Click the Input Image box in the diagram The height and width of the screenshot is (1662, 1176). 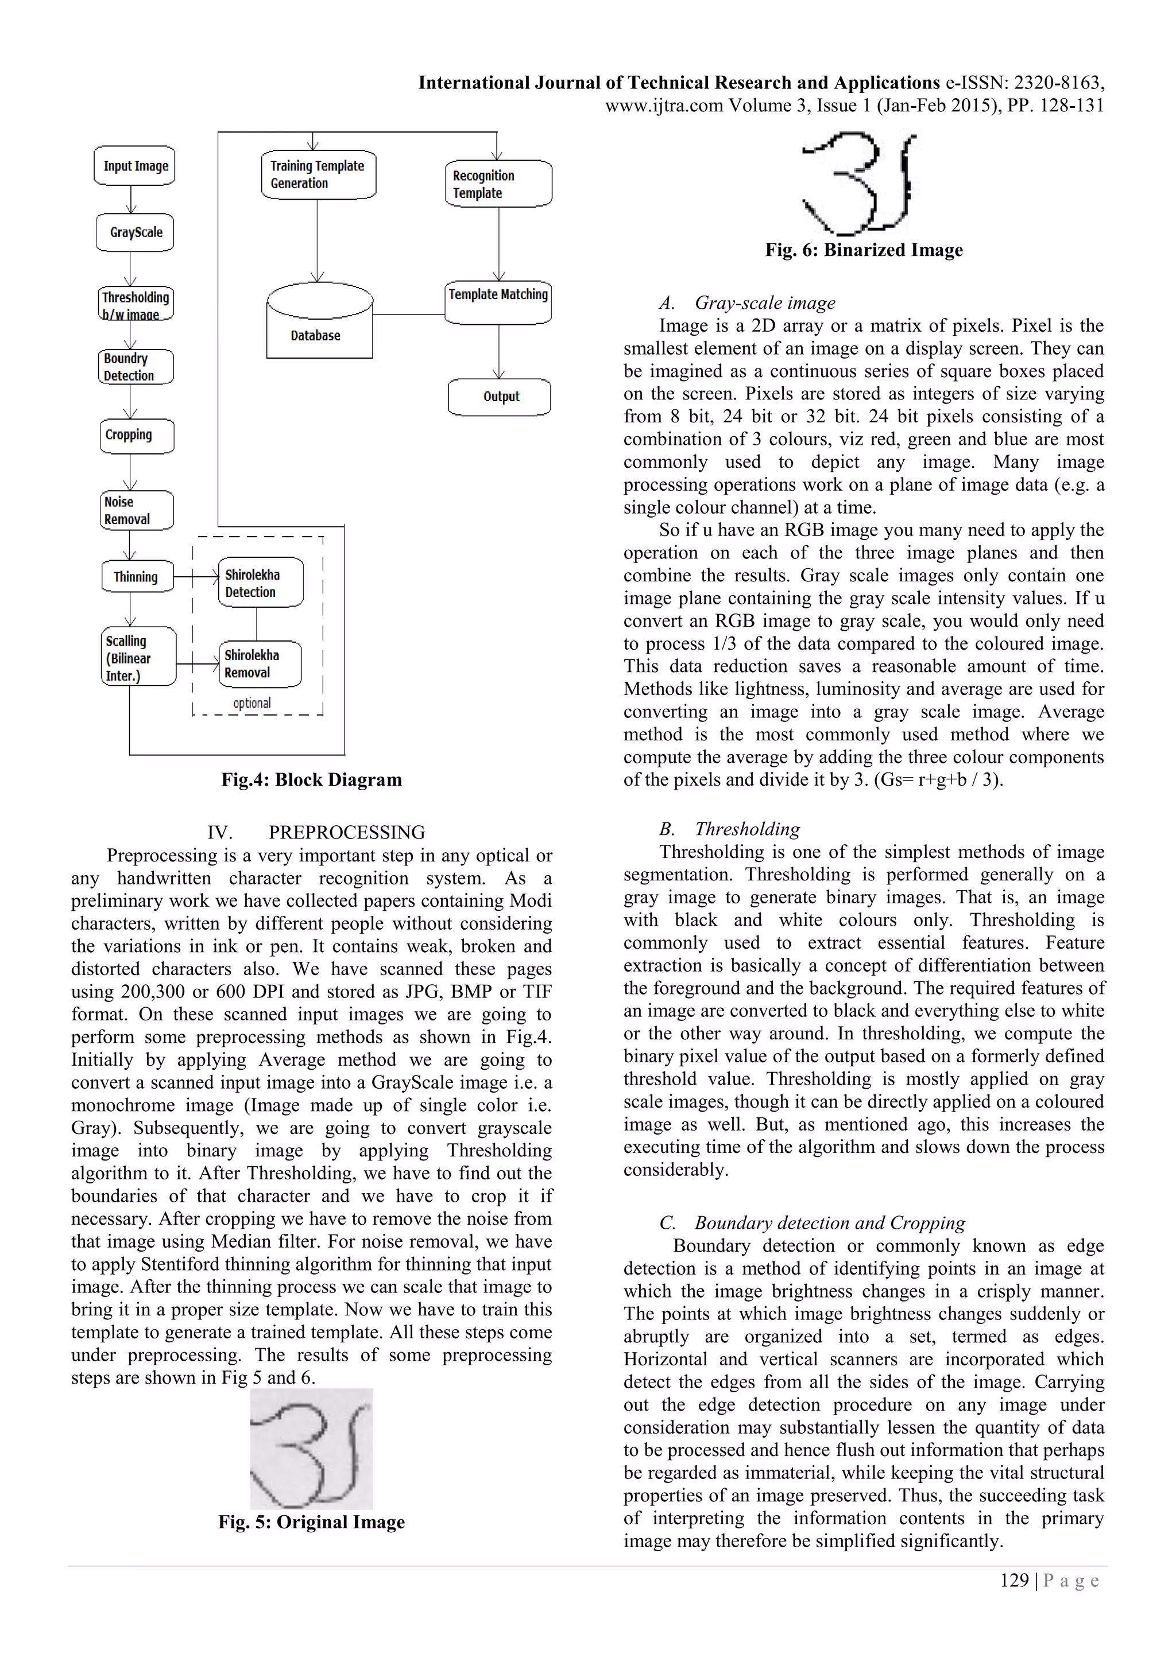coord(135,166)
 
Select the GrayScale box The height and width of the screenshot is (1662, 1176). coord(135,232)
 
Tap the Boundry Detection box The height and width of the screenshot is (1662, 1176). coord(136,367)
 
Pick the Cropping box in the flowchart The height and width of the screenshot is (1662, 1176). coord(137,436)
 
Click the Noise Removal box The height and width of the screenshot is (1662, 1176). coord(136,510)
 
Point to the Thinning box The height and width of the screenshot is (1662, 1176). coord(137,577)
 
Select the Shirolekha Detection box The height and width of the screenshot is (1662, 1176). coord(261,583)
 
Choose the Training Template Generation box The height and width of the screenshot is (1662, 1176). coord(318,174)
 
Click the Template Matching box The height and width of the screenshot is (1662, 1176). coord(498,302)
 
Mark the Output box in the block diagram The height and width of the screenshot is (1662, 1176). coord(499,397)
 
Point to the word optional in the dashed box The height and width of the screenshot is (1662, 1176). coord(252,703)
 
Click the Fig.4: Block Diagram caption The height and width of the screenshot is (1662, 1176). coord(311,779)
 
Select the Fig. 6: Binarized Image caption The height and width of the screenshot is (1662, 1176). coord(864,250)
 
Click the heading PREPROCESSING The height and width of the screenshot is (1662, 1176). coord(346,833)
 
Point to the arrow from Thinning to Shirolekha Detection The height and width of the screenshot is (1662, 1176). coord(196,577)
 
